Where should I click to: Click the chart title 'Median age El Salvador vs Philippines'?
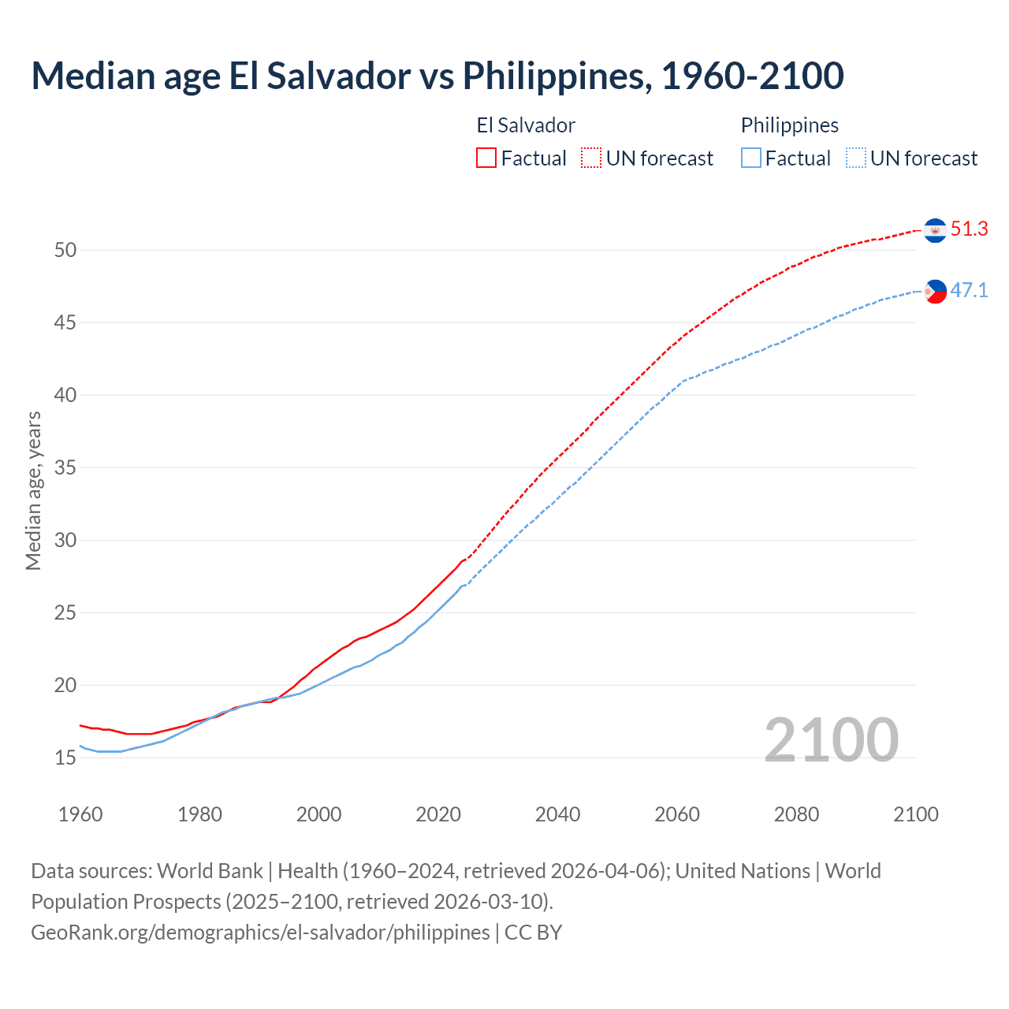pos(437,76)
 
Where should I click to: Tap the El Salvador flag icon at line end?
pos(935,230)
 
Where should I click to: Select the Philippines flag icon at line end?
pos(935,292)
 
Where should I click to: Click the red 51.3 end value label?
pos(969,229)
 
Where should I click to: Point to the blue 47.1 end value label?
pos(969,291)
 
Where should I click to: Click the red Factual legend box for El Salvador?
pos(486,158)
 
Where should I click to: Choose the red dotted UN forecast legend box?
pos(591,158)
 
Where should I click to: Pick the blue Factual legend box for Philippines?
pos(751,158)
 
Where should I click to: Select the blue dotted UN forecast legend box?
pos(856,158)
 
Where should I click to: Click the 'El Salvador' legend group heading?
pos(526,125)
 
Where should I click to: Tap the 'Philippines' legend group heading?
pos(789,125)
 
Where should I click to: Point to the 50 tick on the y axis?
pos(65,251)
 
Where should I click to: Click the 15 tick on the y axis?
pos(65,758)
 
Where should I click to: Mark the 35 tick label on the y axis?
pos(65,468)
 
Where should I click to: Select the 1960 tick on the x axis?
pos(80,814)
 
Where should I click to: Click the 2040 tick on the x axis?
pos(557,814)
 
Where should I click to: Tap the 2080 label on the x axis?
pos(796,814)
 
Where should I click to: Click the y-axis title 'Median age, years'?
pos(33,490)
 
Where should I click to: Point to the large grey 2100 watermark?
pos(831,740)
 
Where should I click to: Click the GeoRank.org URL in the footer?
pos(260,933)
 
